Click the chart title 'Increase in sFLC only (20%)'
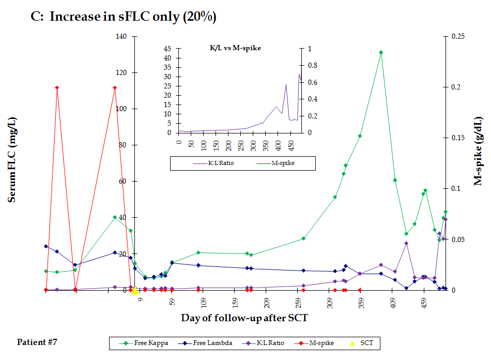(132, 17)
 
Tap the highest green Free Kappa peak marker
(381, 52)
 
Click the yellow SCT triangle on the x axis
(134, 291)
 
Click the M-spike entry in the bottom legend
(315, 343)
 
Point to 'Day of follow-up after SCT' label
(244, 318)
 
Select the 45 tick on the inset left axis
(167, 49)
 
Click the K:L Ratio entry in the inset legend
(210, 163)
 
